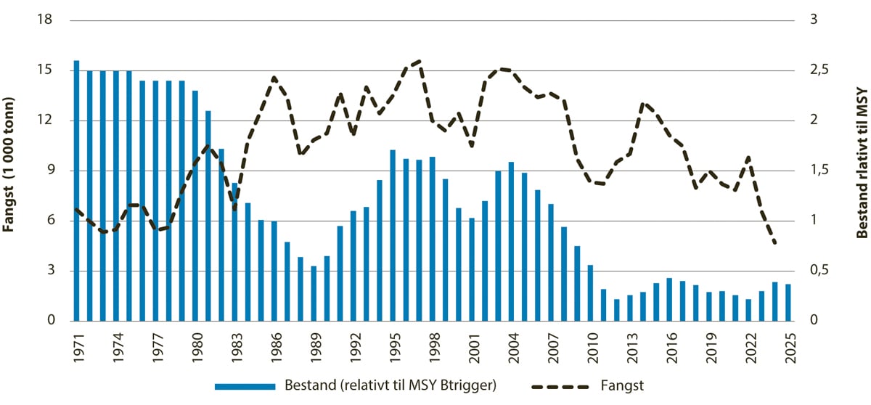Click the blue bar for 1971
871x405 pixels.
click(x=76, y=190)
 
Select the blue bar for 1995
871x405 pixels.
click(x=393, y=235)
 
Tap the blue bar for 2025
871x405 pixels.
click(x=788, y=302)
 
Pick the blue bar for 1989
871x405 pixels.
click(x=314, y=293)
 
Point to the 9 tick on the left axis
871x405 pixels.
click(x=52, y=171)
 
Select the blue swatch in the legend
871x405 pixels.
click(x=245, y=385)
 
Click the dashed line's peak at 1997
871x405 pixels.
click(x=420, y=62)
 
